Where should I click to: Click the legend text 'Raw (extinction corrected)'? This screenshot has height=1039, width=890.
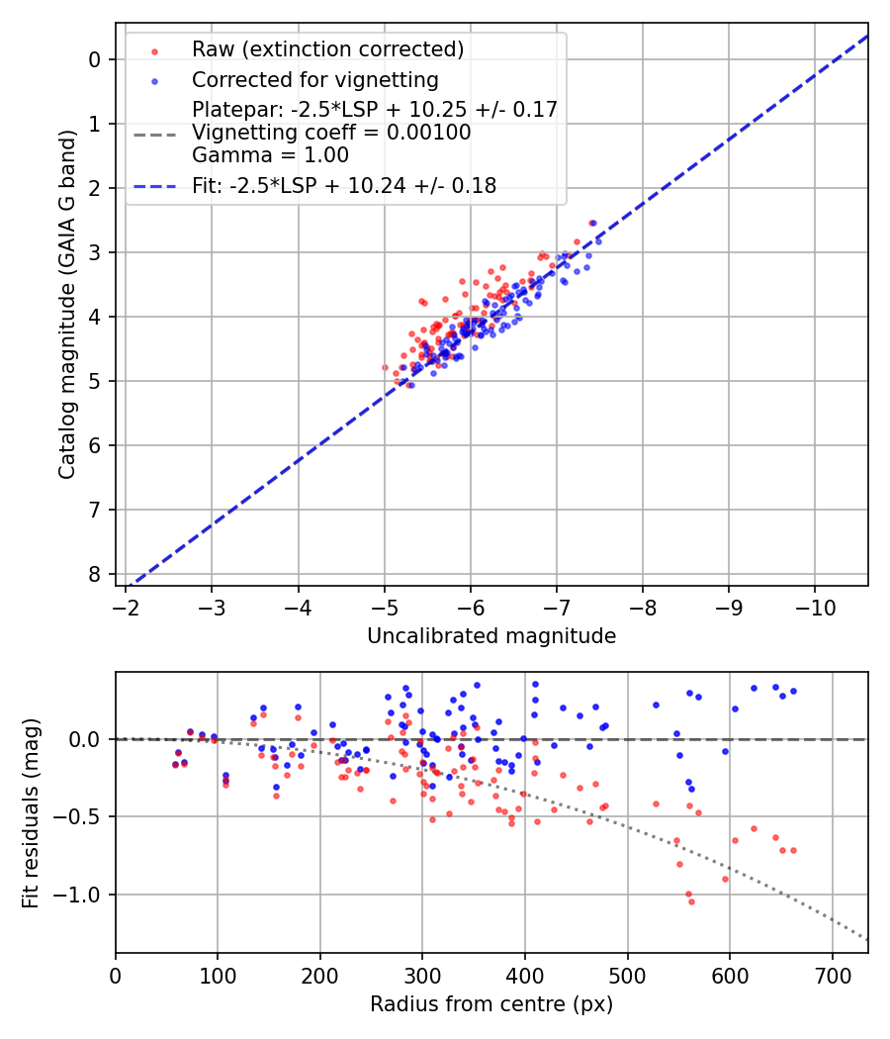point(327,48)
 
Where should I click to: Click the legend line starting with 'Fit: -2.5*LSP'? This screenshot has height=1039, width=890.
point(344,185)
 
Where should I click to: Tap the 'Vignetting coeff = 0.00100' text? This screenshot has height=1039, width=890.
point(331,132)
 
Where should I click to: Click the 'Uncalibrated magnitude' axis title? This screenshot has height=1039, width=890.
point(491,636)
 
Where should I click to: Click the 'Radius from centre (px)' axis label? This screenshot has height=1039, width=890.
point(491,1004)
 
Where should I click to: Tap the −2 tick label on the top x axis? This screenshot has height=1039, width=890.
point(126,607)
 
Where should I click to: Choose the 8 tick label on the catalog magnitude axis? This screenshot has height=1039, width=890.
point(94,574)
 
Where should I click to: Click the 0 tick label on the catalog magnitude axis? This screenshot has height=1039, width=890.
point(94,59)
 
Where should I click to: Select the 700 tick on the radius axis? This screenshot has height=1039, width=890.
point(832,975)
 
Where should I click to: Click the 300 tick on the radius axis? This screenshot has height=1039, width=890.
point(422,975)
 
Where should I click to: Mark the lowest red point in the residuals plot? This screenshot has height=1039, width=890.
point(691,901)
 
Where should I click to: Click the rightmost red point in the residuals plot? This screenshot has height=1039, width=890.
point(793,850)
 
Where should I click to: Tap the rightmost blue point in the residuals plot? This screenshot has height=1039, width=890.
point(793,691)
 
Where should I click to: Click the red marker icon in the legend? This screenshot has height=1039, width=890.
point(154,49)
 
